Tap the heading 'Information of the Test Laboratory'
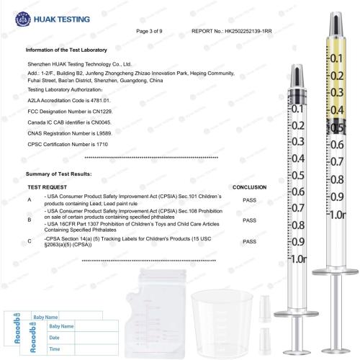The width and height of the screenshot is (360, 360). [x=66, y=50]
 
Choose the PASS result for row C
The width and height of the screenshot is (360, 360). [x=249, y=243]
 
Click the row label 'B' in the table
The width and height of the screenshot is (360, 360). [x=30, y=219]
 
